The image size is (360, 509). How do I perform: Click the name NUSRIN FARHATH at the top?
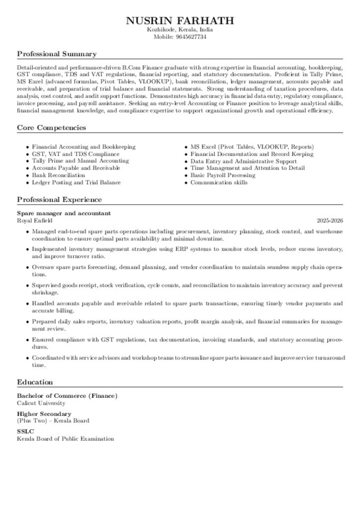pos(180,20)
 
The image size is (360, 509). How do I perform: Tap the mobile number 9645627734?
pos(191,37)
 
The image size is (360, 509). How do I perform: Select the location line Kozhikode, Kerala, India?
pos(180,30)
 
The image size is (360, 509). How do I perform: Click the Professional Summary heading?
pos(57,54)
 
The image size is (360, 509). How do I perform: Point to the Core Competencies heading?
pos(52,128)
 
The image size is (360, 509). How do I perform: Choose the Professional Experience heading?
pos(59,199)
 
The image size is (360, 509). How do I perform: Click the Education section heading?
pos(35,382)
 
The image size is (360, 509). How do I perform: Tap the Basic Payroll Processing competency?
pos(223,175)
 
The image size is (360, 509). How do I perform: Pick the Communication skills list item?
pos(219,182)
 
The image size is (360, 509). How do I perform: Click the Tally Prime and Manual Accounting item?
pos(80,161)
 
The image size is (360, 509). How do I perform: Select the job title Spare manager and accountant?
pos(64,213)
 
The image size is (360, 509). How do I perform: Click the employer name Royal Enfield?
pos(34,220)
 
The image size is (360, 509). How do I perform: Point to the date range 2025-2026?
pos(330,220)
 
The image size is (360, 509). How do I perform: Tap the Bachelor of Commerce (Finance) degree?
pos(67,396)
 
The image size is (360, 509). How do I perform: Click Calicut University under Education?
pos(41,403)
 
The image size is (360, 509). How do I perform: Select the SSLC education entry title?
pos(25,431)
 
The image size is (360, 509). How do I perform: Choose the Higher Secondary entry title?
pos(44,414)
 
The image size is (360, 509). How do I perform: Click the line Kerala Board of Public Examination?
pos(65,439)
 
